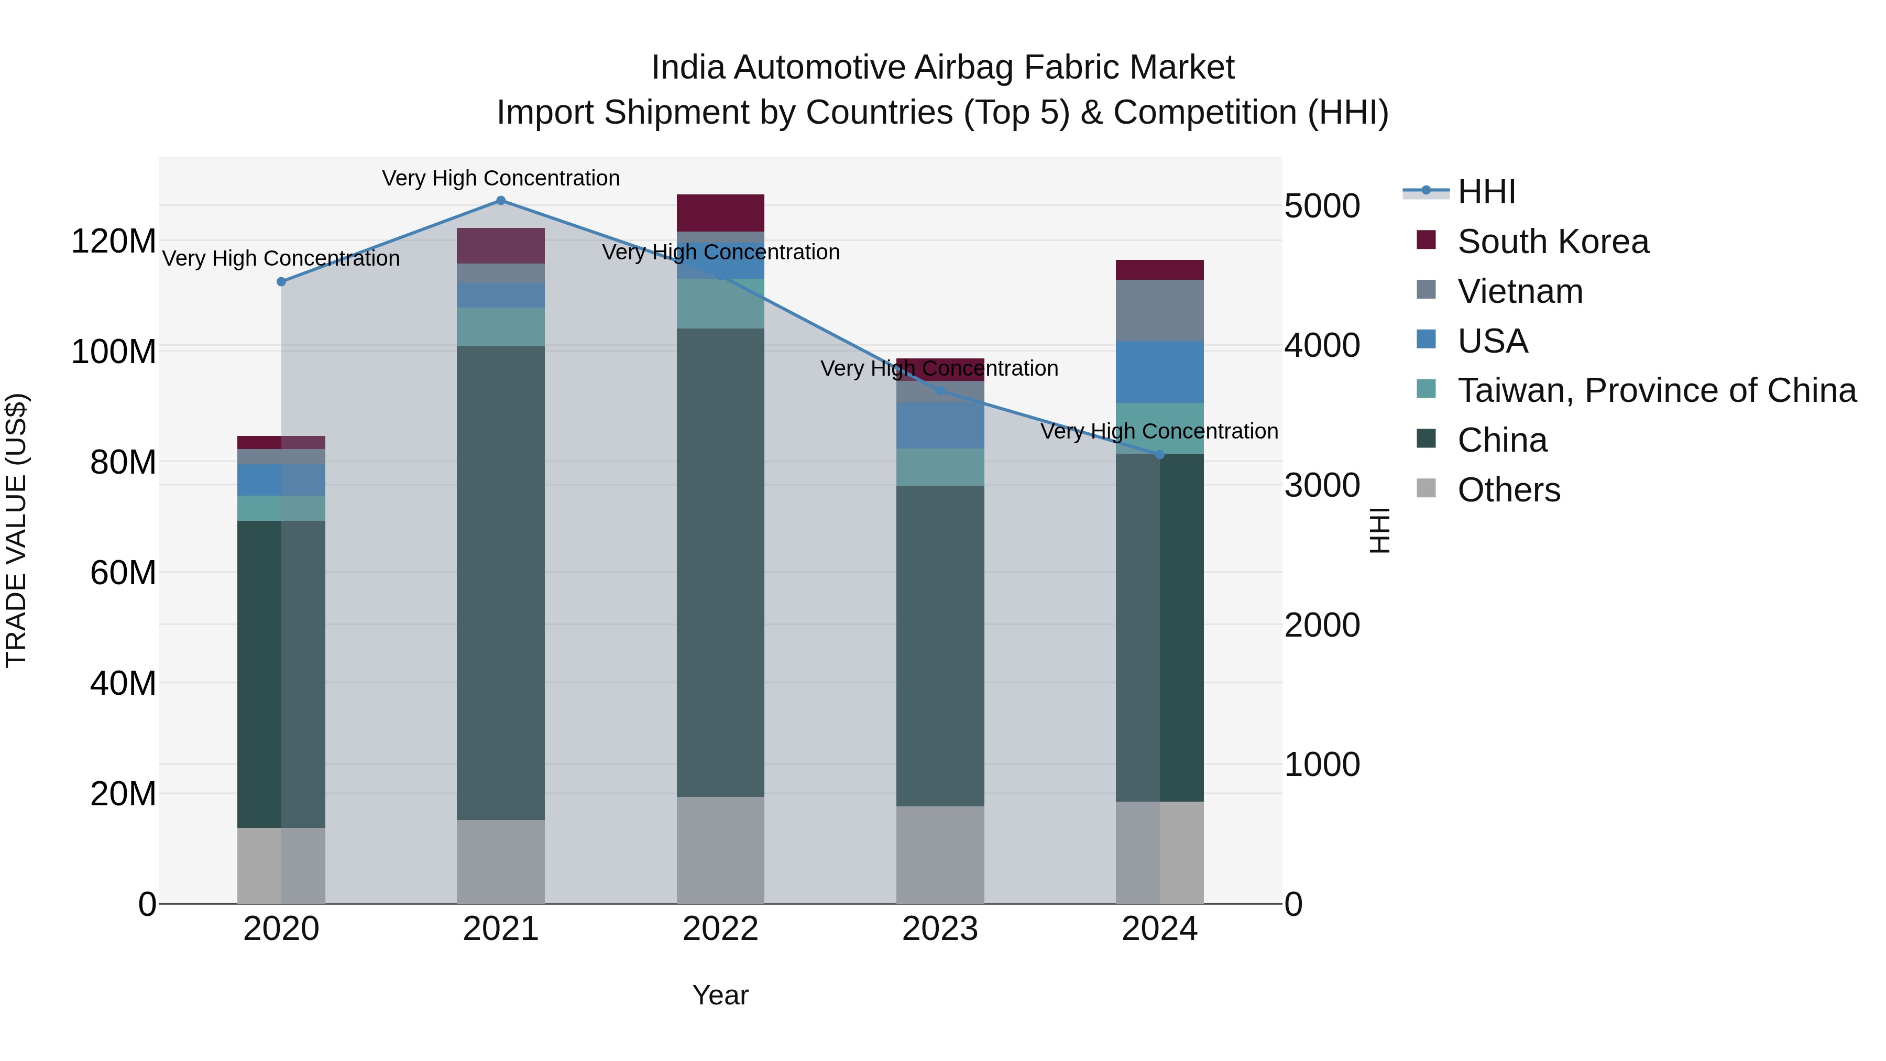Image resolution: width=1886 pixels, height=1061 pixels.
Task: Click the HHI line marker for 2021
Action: tap(501, 200)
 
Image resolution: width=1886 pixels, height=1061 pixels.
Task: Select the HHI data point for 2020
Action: tap(281, 282)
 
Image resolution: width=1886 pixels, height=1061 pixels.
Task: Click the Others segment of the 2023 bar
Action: tap(939, 855)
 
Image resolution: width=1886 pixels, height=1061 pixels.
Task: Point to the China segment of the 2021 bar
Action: tap(501, 582)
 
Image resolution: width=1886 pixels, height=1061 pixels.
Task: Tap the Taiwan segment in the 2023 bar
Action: tap(939, 467)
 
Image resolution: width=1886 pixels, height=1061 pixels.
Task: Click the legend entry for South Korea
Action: tap(1552, 242)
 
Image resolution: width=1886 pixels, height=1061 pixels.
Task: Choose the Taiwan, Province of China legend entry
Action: tap(1656, 390)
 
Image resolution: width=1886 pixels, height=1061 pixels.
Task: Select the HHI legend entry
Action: tap(1486, 192)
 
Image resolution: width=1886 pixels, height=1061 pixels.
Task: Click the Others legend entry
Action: tap(1508, 490)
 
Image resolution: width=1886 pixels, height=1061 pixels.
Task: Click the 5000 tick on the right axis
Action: tap(1322, 206)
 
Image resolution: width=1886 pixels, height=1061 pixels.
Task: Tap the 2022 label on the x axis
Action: tap(720, 929)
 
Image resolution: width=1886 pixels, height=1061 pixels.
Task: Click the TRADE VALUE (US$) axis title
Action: tap(16, 530)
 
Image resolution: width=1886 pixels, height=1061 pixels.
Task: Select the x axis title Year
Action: tap(720, 995)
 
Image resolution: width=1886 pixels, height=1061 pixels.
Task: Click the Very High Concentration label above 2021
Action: tap(501, 178)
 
